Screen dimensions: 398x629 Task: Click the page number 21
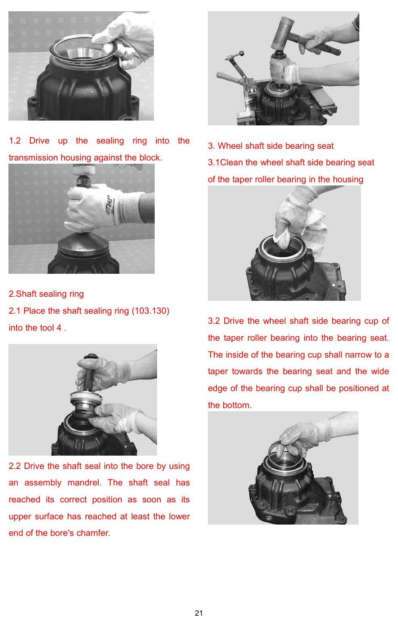(x=199, y=613)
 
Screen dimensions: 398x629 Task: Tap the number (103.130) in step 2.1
(x=151, y=311)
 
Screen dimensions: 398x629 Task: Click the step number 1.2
(x=15, y=140)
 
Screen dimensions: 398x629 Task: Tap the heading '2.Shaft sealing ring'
(x=46, y=294)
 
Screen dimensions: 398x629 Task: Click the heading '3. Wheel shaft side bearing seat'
(x=271, y=146)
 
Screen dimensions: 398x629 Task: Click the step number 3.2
(x=214, y=321)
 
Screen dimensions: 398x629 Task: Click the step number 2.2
(x=15, y=466)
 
